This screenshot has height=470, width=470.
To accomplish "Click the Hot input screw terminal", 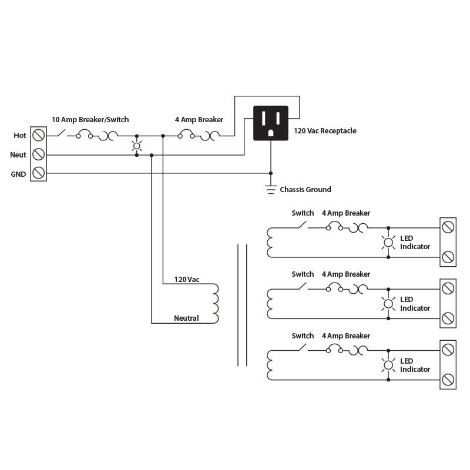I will [x=38, y=136].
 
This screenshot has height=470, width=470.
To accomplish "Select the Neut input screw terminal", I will [x=38, y=155].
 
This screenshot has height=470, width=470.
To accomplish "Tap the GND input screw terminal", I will [x=38, y=173].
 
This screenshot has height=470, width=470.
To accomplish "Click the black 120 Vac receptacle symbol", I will [x=270, y=123].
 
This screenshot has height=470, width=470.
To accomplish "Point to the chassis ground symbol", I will [x=271, y=189].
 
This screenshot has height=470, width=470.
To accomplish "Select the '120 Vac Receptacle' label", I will [x=325, y=131].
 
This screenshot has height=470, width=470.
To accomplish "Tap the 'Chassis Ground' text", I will [x=305, y=190].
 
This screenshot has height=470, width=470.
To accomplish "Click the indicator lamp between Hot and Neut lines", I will [x=137, y=146].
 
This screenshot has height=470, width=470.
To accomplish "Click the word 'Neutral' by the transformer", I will [x=186, y=318].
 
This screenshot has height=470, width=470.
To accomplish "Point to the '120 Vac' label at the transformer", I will [x=187, y=280].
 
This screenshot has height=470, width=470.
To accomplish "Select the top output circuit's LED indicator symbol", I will [x=388, y=242].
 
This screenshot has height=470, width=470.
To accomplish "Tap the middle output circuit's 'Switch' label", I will [x=303, y=274].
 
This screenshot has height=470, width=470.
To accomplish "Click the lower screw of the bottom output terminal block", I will [x=448, y=380].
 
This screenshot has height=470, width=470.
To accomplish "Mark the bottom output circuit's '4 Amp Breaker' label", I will [x=345, y=336].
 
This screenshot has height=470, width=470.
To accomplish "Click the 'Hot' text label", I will [x=20, y=136].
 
